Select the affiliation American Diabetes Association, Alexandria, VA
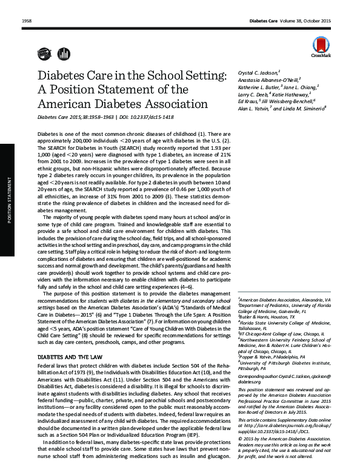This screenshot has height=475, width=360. tap(285, 300)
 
